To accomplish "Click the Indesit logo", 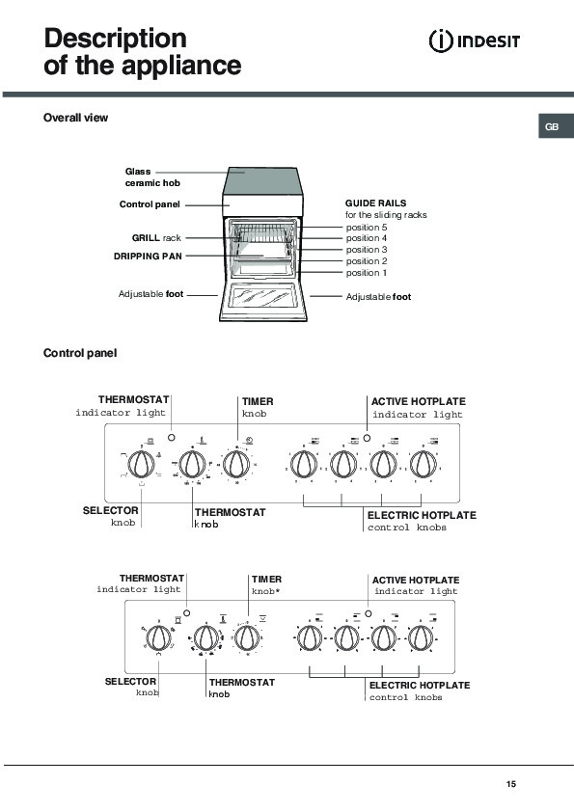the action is click(474, 41).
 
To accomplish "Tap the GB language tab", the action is click(556, 126).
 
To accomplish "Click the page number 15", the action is click(510, 783).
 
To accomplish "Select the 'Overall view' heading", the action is click(75, 118).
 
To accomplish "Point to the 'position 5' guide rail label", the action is click(367, 228).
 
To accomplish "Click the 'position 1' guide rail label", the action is click(367, 273).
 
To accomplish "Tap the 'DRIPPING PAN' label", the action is click(148, 256).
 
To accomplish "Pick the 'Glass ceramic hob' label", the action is click(152, 177).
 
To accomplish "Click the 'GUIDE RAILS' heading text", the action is click(375, 203).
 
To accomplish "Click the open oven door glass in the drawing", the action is click(262, 297).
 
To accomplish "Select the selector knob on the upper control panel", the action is click(141, 464).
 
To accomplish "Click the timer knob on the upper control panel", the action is click(235, 464).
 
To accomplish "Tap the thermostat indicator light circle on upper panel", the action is click(172, 437).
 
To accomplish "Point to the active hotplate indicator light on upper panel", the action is click(367, 438).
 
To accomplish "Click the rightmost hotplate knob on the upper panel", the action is click(424, 464).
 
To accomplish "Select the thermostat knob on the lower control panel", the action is click(206, 637).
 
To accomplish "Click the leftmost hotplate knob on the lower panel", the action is click(310, 637).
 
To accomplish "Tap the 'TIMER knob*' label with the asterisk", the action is click(266, 584).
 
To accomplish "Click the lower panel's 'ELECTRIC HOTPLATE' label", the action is click(420, 685).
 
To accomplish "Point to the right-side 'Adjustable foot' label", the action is click(378, 297).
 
